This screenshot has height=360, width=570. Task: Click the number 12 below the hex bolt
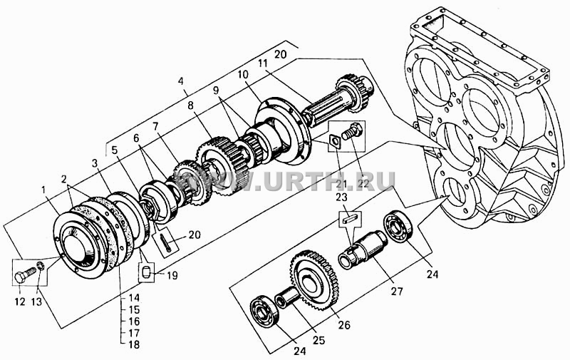tap(20, 302)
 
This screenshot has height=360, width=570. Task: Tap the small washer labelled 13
tap(41, 267)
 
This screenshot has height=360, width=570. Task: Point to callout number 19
tap(172, 275)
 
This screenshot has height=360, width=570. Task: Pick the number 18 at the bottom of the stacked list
tap(134, 344)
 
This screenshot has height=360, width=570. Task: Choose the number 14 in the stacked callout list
tap(134, 298)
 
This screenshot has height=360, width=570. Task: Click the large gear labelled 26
tap(315, 279)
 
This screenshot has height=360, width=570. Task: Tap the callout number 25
tap(319, 340)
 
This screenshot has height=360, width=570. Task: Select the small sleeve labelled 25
tap(286, 295)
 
